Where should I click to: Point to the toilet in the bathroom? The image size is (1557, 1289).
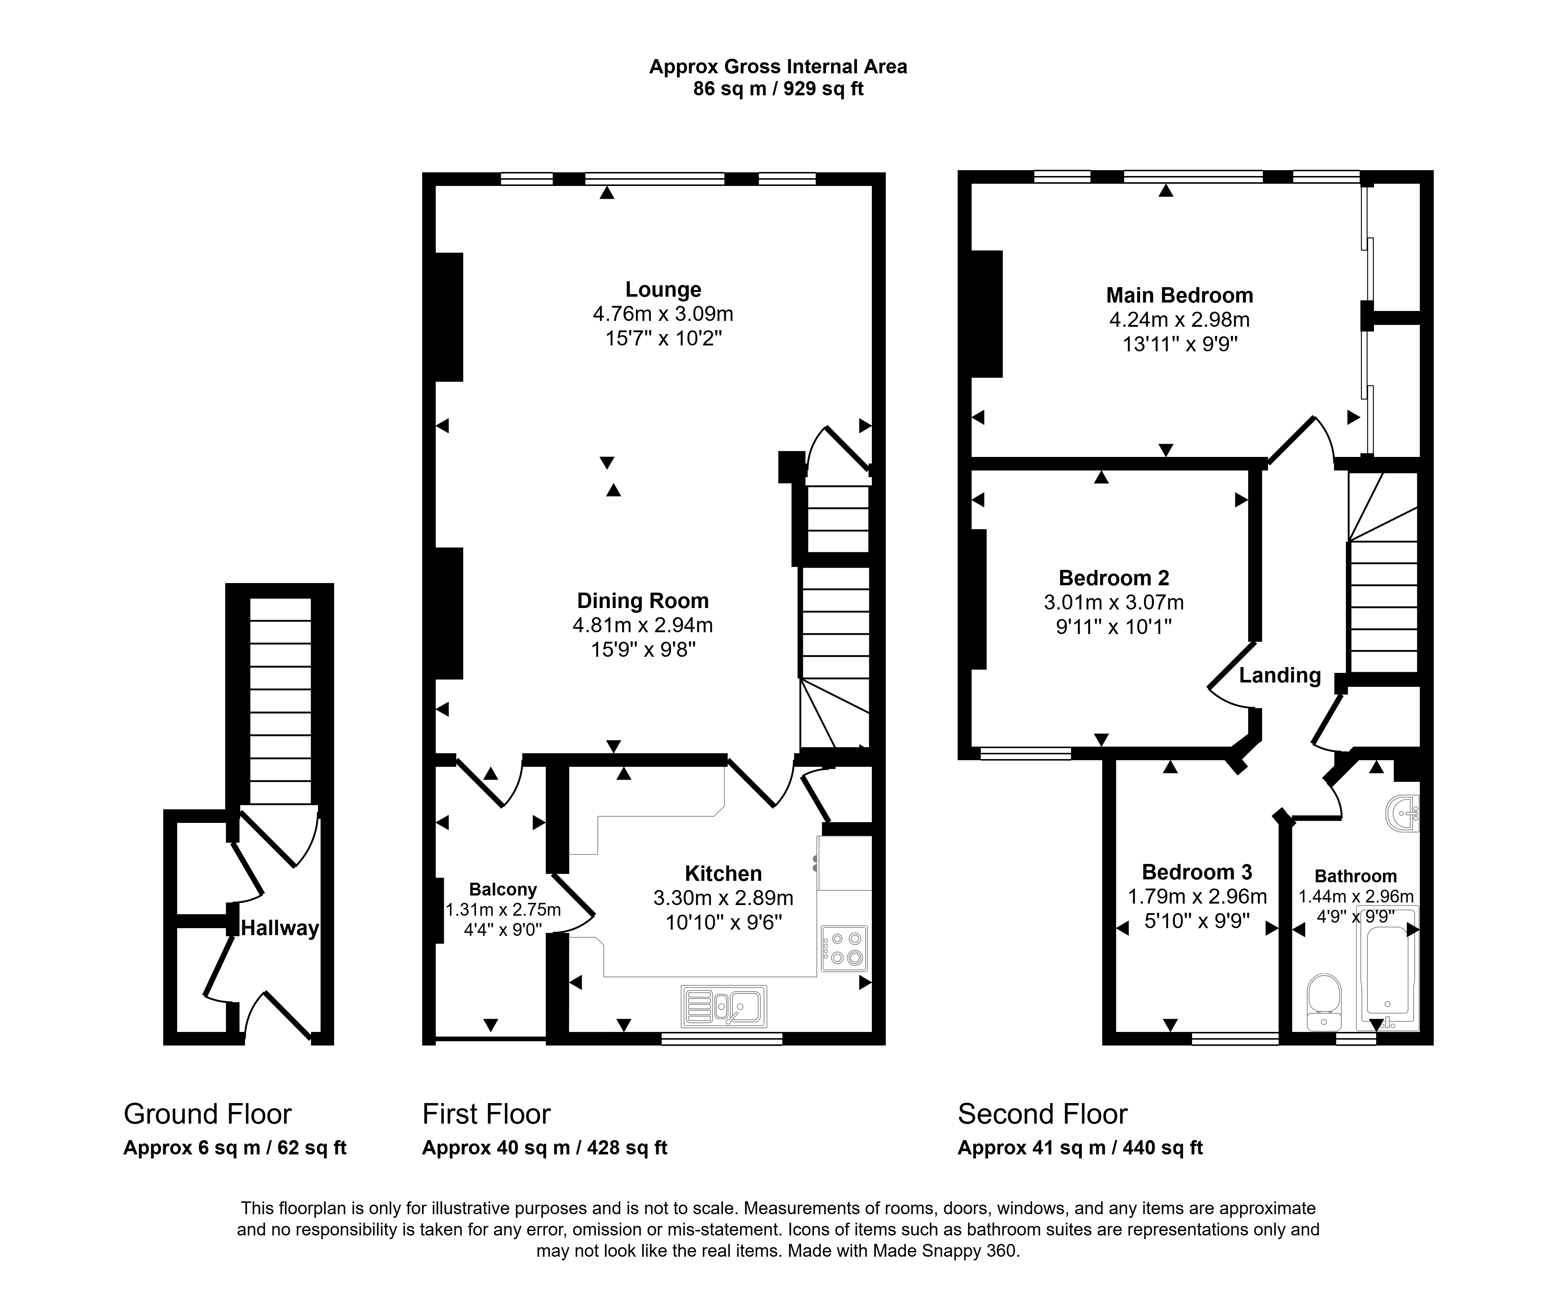coord(1324,1002)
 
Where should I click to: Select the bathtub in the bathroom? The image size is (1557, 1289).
coord(1386,967)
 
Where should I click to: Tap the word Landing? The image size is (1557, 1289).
coord(1280,675)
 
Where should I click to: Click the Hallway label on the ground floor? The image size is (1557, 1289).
coord(279,928)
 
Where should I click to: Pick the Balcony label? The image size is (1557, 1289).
coord(503,890)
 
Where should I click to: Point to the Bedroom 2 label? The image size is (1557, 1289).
coord(1114,578)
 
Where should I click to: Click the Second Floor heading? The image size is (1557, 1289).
coord(1042,1114)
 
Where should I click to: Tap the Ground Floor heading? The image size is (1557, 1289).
coord(208,1114)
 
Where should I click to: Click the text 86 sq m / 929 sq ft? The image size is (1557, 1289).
coord(778,89)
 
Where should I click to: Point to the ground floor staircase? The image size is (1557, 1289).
coord(280,700)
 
